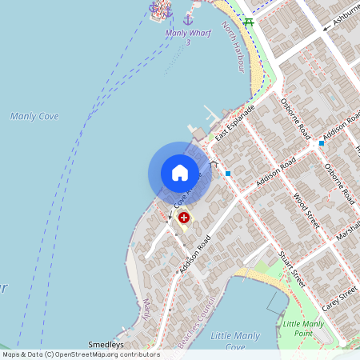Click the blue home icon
pyautogui.click(x=180, y=173)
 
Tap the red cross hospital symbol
pyautogui.click(x=184, y=217)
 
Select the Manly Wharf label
pyautogui.click(x=187, y=34)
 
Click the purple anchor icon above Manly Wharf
pyautogui.click(x=189, y=18)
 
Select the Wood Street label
pyautogui.click(x=306, y=210)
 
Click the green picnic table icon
pyautogui.click(x=248, y=22)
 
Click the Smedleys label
pyautogui.click(x=106, y=345)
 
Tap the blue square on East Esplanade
pyautogui.click(x=228, y=173)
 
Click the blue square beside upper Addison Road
pyautogui.click(x=321, y=142)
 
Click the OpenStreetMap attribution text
pyautogui.click(x=80, y=354)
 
